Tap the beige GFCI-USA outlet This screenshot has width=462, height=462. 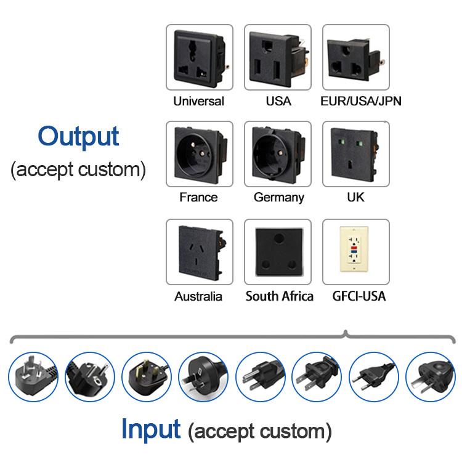click(x=355, y=252)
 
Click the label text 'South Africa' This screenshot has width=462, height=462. click(x=279, y=296)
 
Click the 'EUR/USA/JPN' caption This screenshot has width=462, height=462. click(x=361, y=101)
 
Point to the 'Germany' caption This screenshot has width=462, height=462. click(x=278, y=198)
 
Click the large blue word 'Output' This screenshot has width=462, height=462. click(x=78, y=136)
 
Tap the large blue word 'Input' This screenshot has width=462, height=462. click(x=151, y=428)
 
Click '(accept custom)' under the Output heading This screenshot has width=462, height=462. click(x=78, y=169)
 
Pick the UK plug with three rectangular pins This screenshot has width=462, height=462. click(x=146, y=376)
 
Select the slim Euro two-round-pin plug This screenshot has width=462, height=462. click(x=373, y=376)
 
